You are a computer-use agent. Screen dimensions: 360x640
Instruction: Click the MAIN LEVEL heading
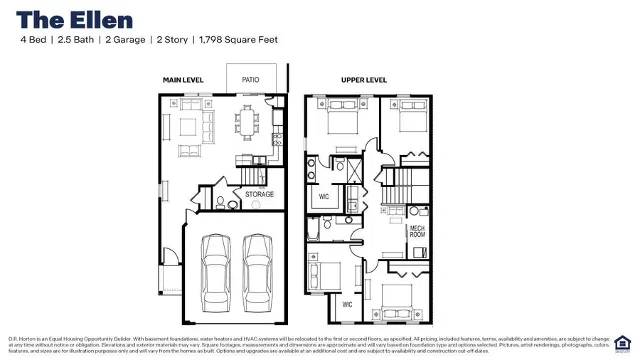tap(183, 80)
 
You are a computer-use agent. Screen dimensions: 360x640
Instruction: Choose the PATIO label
tap(250, 80)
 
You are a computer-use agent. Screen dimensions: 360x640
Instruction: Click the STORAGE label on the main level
tap(260, 194)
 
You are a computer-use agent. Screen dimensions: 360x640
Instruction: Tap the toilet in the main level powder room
tap(221, 202)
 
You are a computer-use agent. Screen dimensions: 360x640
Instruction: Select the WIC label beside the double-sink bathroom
tap(324, 197)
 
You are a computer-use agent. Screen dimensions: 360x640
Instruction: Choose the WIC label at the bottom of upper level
tap(347, 305)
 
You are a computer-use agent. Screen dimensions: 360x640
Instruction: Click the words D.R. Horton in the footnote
tap(21, 339)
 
